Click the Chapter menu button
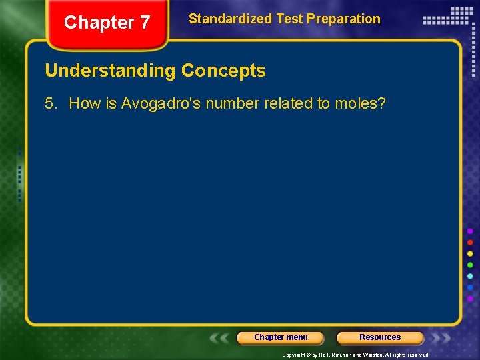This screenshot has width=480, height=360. point(281,337)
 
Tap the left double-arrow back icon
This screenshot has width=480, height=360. point(220,337)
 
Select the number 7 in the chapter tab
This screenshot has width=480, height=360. point(144,23)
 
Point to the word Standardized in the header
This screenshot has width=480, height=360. point(231,19)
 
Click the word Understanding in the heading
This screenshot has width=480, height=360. point(111,71)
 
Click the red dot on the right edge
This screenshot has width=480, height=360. point(470,243)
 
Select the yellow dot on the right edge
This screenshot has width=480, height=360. point(470,254)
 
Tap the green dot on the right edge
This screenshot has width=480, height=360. point(470,265)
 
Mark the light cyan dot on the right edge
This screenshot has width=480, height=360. point(470,277)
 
